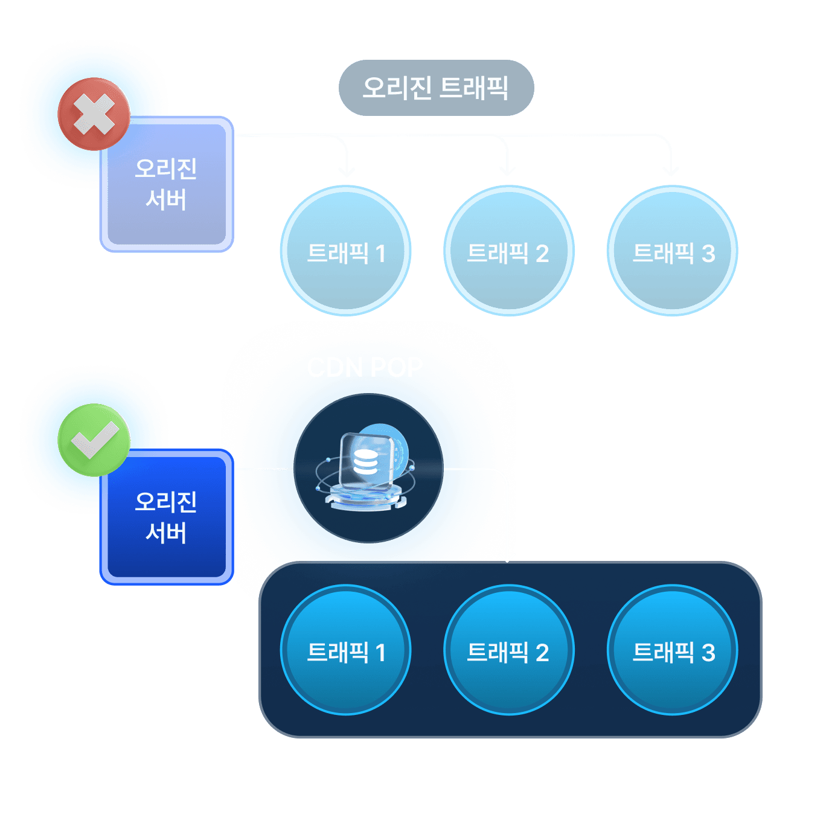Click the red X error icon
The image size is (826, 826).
[94, 114]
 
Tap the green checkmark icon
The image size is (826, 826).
[94, 440]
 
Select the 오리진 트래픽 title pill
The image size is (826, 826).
[436, 88]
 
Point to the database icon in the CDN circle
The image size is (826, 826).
[365, 463]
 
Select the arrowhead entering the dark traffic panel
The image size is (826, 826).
[508, 556]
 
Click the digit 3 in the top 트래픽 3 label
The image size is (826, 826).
[708, 254]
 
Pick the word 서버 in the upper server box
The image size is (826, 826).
[166, 200]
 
